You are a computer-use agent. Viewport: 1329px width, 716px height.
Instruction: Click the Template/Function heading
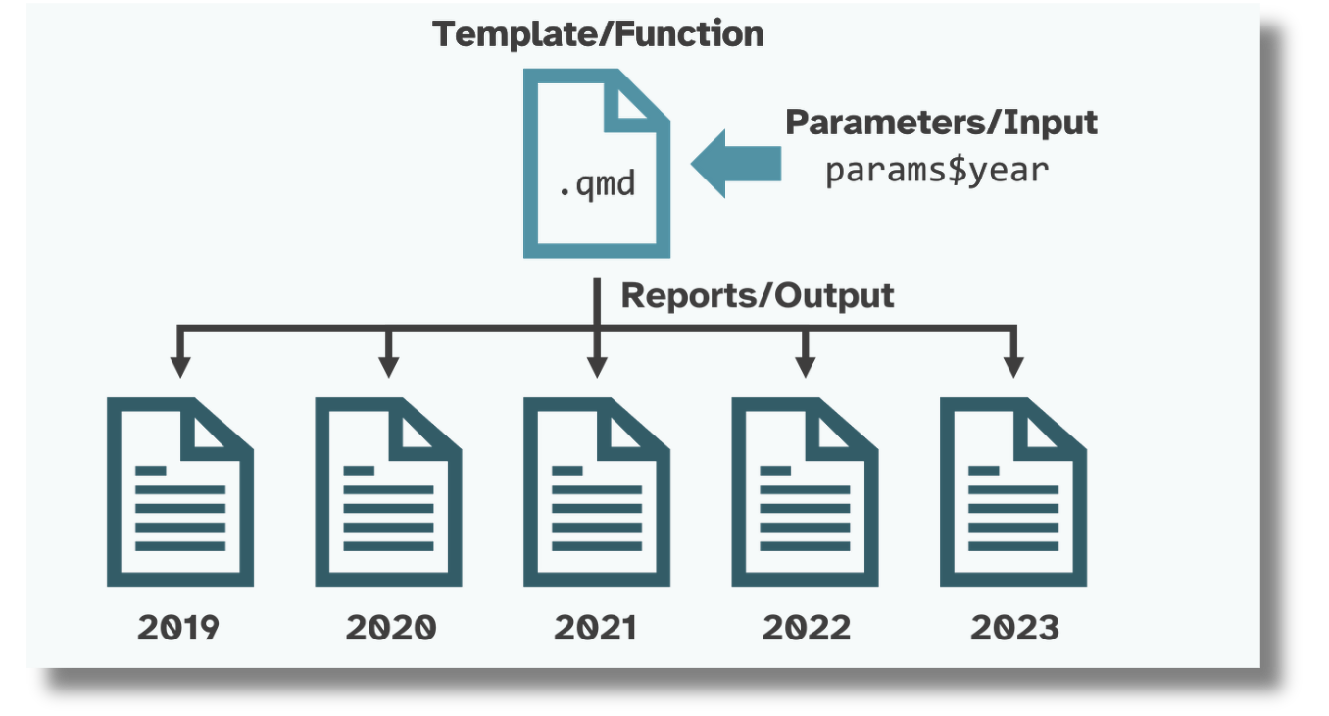click(x=598, y=35)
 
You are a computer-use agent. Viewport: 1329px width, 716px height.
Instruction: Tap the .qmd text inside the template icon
click(x=596, y=184)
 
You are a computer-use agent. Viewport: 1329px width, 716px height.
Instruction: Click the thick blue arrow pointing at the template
click(x=737, y=164)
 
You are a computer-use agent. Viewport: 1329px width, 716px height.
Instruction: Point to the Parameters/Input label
click(x=941, y=124)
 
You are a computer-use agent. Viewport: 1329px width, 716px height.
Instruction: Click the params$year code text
click(x=937, y=170)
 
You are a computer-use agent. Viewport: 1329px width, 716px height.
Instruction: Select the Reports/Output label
click(x=758, y=295)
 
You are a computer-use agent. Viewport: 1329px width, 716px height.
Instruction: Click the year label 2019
click(x=179, y=628)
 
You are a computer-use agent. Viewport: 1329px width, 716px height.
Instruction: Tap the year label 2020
click(x=389, y=628)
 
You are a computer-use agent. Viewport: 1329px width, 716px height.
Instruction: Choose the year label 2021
click(x=596, y=628)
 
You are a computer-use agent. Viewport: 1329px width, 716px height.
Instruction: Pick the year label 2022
click(x=806, y=628)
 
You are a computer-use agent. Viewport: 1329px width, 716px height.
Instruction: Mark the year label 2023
click(x=1014, y=628)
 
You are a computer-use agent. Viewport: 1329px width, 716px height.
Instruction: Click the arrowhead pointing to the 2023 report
click(x=1014, y=366)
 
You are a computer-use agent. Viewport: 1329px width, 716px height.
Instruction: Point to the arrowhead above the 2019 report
click(x=179, y=366)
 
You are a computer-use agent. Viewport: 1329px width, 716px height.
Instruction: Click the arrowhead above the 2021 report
click(x=596, y=366)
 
